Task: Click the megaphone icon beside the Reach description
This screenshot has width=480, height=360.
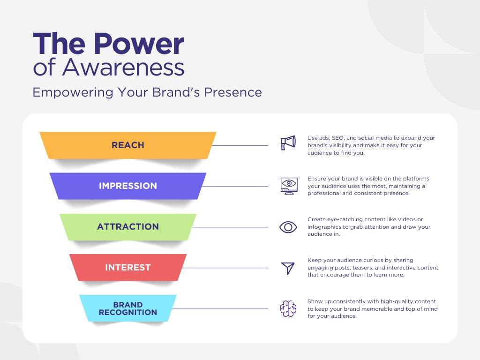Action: click(288, 143)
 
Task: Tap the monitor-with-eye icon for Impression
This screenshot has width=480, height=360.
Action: click(288, 186)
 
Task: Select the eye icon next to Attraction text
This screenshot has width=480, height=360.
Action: click(288, 227)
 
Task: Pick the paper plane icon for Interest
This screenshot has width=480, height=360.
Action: click(288, 268)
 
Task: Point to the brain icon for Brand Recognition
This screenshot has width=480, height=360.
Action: click(288, 309)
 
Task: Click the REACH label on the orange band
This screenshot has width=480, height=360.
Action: click(128, 145)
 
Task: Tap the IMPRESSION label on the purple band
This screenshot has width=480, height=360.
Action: click(128, 186)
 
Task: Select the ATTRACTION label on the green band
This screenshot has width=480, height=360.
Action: click(128, 227)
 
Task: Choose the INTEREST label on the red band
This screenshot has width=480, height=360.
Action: click(128, 268)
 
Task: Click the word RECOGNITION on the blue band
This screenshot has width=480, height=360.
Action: click(128, 313)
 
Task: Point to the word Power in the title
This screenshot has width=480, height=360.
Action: click(139, 45)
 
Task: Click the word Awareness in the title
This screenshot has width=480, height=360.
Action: click(123, 68)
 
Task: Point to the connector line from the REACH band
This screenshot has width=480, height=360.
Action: click(240, 145)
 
